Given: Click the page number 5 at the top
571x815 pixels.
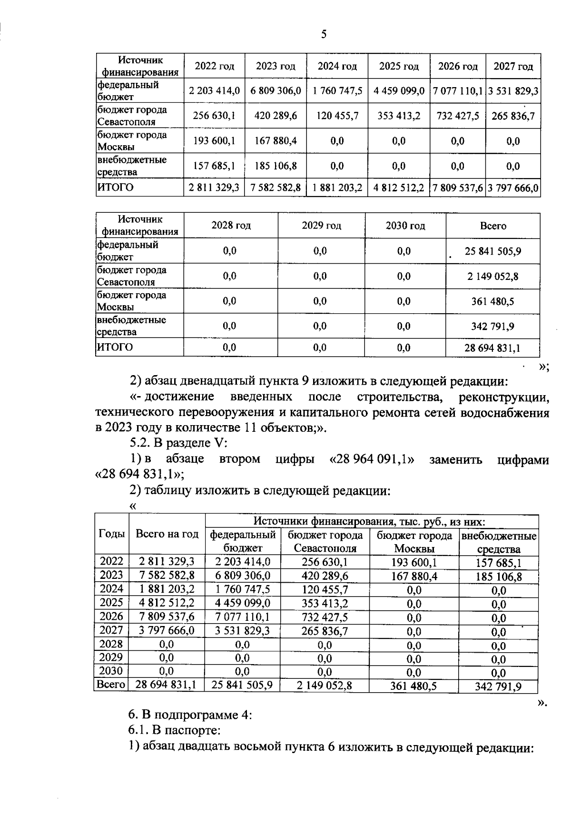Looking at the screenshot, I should coord(324,34).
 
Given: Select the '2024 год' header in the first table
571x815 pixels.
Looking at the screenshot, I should coord(337,66).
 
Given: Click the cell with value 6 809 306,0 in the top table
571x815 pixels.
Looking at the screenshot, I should coord(276,91).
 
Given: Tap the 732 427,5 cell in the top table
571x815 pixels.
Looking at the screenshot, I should coord(457,116).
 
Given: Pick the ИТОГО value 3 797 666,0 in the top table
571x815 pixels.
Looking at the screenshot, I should coord(513,188).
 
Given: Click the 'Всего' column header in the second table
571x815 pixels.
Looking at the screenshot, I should coord(493,226).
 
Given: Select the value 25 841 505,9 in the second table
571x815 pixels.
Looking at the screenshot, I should coord(493,251).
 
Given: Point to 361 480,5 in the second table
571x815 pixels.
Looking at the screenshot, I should coord(493,301).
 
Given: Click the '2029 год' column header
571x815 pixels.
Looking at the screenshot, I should coord(321,226).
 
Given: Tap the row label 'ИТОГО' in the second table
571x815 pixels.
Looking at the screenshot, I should coord(115,347).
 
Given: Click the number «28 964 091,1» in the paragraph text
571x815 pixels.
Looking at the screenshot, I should coord(371,460).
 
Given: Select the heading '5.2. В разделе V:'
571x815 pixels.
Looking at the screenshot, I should coord(178,443).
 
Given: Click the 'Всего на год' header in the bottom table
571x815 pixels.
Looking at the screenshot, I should coord(167,534).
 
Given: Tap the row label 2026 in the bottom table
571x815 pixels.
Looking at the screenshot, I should coord(111,616).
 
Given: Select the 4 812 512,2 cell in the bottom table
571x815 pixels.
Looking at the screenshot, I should coord(167,603).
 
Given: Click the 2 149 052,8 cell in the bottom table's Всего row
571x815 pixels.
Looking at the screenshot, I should coord(325,685).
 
